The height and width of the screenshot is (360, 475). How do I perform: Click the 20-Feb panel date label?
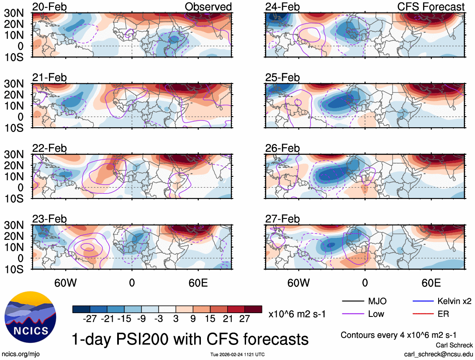pyautogui.click(x=49, y=7)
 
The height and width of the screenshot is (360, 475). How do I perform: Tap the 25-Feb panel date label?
pyautogui.click(x=282, y=77)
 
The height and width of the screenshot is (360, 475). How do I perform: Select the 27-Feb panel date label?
pyautogui.click(x=282, y=219)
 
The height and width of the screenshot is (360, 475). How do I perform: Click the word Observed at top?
pyautogui.click(x=208, y=7)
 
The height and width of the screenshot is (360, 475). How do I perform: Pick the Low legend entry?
pyautogui.click(x=375, y=314)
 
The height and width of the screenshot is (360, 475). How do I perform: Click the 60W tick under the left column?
pyautogui.click(x=66, y=283)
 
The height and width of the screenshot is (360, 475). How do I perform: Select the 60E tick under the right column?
pyautogui.click(x=431, y=283)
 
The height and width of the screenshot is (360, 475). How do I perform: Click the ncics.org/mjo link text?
pyautogui.click(x=19, y=354)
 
